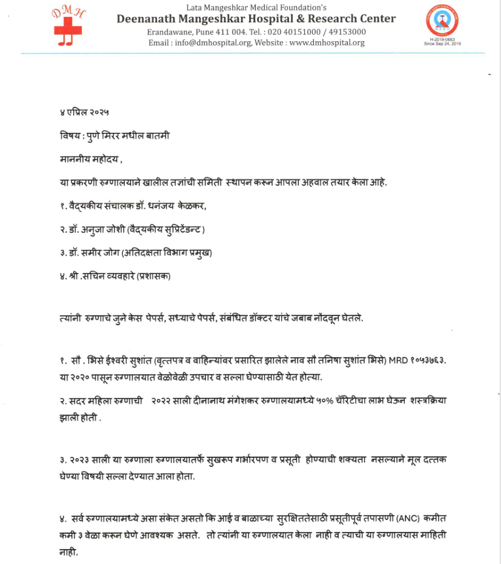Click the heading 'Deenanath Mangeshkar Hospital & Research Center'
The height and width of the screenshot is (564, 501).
click(256, 18)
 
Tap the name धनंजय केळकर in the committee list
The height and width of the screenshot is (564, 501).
click(179, 205)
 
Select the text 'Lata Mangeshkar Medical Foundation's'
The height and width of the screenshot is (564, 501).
click(256, 7)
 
